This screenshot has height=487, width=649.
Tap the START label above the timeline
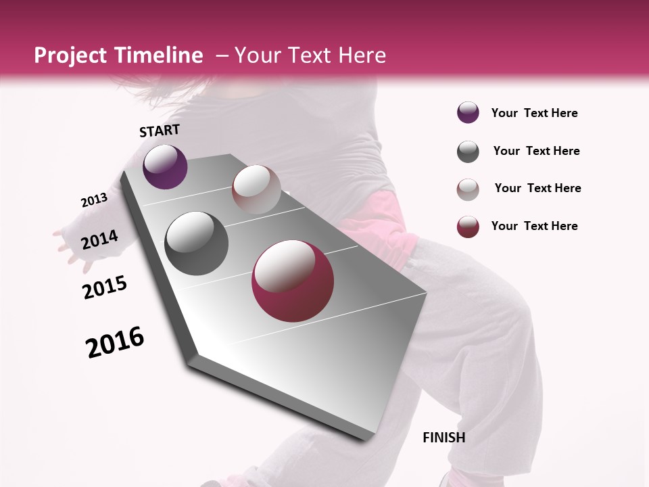[x=160, y=131]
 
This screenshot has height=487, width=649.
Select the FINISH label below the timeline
[x=444, y=438]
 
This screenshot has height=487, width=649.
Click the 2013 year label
[x=94, y=200]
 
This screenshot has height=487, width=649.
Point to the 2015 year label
[x=105, y=287]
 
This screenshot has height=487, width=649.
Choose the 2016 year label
[x=115, y=342]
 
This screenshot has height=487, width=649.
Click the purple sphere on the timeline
[x=165, y=166]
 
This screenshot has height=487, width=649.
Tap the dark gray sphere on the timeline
[x=197, y=243]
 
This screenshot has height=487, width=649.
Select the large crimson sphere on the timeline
[x=293, y=281]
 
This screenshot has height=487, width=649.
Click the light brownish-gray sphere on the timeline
[x=256, y=189]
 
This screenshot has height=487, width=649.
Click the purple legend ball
[x=468, y=113]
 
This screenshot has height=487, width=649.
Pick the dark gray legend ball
[x=468, y=152]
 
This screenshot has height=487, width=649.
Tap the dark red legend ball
[x=468, y=227]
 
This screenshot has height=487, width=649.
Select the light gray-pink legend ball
[x=468, y=189]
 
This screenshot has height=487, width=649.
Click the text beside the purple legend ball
[x=534, y=113]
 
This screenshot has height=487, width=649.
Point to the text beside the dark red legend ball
[x=534, y=226]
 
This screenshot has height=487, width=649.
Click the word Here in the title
[x=362, y=55]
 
